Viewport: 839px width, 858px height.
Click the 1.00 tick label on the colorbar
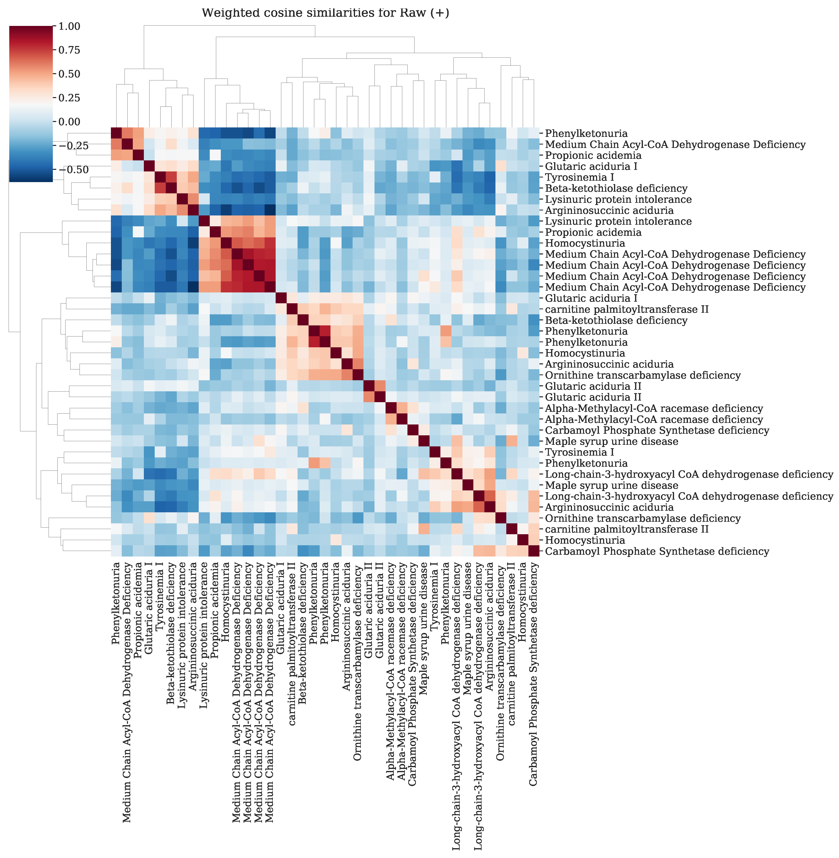tap(69, 27)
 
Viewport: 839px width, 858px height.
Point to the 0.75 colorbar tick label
tap(69, 50)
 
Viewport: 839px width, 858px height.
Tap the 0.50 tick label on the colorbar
tap(69, 74)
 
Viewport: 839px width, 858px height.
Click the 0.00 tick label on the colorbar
tap(69, 122)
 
